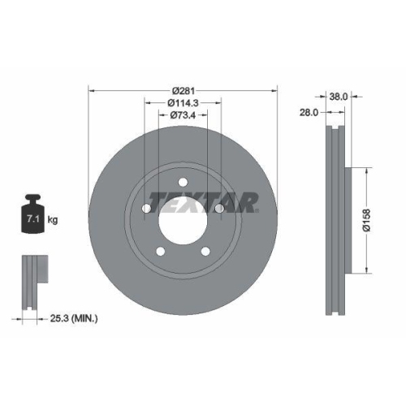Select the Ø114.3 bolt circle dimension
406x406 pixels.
click(x=183, y=102)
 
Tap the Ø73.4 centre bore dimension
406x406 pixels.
click(x=183, y=115)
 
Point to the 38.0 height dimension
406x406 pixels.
click(x=339, y=96)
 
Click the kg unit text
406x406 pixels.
click(x=52, y=219)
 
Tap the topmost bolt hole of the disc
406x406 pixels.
click(x=183, y=181)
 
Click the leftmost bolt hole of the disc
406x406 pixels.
click(x=146, y=209)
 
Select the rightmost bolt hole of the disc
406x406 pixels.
click(x=219, y=209)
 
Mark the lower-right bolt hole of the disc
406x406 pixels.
click(x=205, y=252)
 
